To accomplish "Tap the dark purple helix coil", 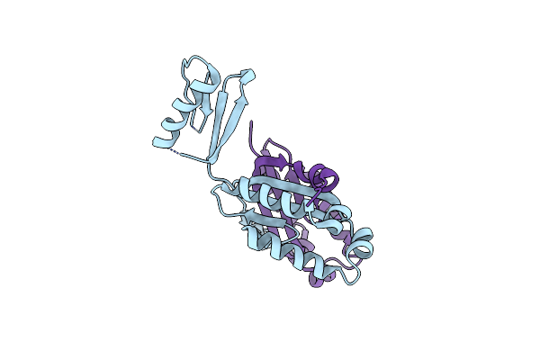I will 320,175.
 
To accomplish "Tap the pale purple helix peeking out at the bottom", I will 319,282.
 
